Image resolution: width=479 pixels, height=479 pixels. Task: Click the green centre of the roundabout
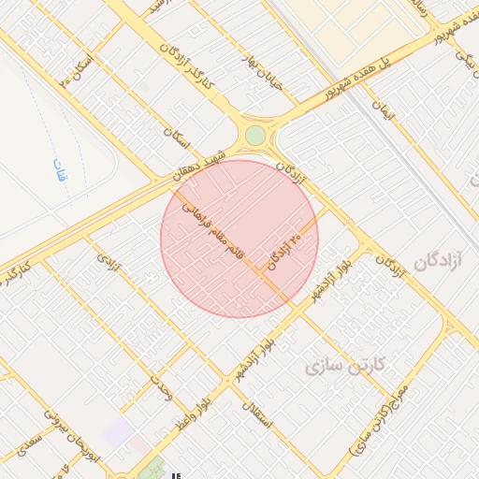tap(254, 136)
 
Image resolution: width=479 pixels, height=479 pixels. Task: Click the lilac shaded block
tap(118, 431)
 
